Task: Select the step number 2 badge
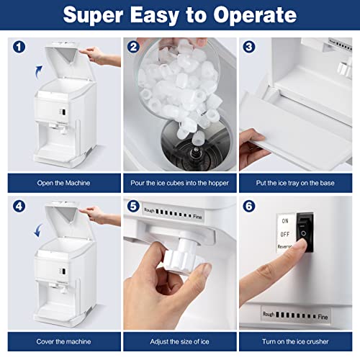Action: coord(133,48)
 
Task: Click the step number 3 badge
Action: coord(249,48)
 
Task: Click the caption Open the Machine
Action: coord(63,183)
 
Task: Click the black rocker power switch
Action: coord(306,235)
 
